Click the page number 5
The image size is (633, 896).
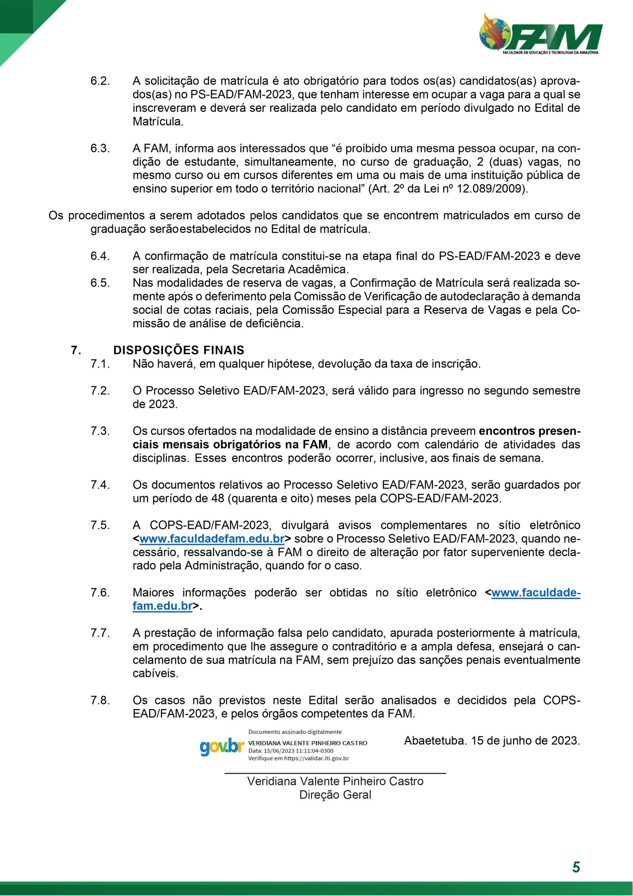pyautogui.click(x=576, y=867)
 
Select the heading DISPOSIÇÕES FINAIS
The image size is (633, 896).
pyautogui.click(x=178, y=350)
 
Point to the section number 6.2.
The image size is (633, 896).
pyautogui.click(x=100, y=81)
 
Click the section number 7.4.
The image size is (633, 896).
pyautogui.click(x=100, y=485)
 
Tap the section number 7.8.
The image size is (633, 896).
pyautogui.click(x=100, y=700)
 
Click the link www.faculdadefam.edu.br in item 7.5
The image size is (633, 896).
pyautogui.click(x=212, y=538)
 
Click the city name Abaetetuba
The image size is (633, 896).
pyautogui.click(x=434, y=740)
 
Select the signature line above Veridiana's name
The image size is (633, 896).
pyautogui.click(x=335, y=772)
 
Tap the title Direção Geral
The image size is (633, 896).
pyautogui.click(x=335, y=795)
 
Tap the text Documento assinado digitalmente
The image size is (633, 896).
pyautogui.click(x=295, y=732)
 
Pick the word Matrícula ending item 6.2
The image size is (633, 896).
pyautogui.click(x=158, y=121)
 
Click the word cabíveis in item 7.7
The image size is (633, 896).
pyautogui.click(x=155, y=673)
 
